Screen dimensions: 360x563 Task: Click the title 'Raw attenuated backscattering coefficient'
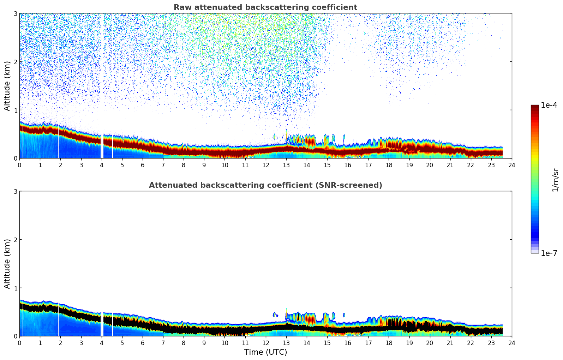[265, 7]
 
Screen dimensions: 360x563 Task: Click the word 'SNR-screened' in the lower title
[355, 185]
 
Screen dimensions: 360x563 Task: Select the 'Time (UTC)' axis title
[265, 352]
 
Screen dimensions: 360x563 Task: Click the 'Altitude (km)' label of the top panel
[7, 86]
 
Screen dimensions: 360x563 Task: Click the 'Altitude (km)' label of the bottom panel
[7, 264]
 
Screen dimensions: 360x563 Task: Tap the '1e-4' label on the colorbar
[549, 105]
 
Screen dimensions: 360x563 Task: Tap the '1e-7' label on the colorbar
[549, 253]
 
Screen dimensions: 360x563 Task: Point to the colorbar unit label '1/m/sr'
[555, 180]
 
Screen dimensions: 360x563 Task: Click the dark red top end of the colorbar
[535, 107]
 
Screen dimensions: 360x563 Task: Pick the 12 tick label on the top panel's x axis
[265, 165]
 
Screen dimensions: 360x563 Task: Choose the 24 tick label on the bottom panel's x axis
[512, 343]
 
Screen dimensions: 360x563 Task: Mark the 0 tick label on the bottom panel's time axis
[19, 343]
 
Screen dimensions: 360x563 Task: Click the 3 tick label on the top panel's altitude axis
[15, 13]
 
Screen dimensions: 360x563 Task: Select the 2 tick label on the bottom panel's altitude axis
[15, 240]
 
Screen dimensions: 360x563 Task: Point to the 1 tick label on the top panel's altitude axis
[15, 110]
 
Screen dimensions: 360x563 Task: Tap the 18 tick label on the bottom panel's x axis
[389, 343]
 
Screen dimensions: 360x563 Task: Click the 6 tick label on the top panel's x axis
[143, 165]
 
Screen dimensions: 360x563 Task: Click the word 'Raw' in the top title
[181, 7]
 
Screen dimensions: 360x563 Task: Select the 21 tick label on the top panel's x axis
[450, 165]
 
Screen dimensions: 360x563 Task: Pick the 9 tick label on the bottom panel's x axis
[204, 343]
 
